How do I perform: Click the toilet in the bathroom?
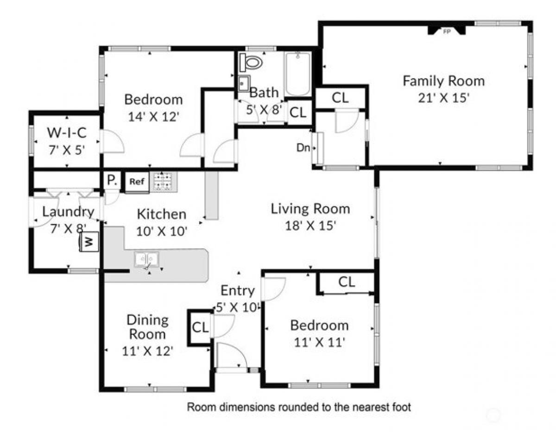(x=251, y=62)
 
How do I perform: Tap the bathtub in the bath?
(x=297, y=74)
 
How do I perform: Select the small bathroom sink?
(x=244, y=83)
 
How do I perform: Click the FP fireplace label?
(x=447, y=31)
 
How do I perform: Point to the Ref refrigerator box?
(x=137, y=182)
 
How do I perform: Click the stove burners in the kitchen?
(x=163, y=182)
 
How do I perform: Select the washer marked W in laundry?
(x=89, y=242)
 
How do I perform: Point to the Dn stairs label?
(x=303, y=148)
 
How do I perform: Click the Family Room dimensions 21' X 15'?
(x=444, y=98)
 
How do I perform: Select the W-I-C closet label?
(x=67, y=132)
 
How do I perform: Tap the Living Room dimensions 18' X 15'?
(x=310, y=225)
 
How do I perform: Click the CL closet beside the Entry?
(x=200, y=327)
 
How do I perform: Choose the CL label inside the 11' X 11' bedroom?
(x=347, y=282)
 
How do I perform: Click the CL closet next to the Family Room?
(x=340, y=97)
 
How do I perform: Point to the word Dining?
(x=148, y=321)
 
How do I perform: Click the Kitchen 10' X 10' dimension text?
(x=162, y=232)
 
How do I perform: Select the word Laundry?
(x=68, y=212)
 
